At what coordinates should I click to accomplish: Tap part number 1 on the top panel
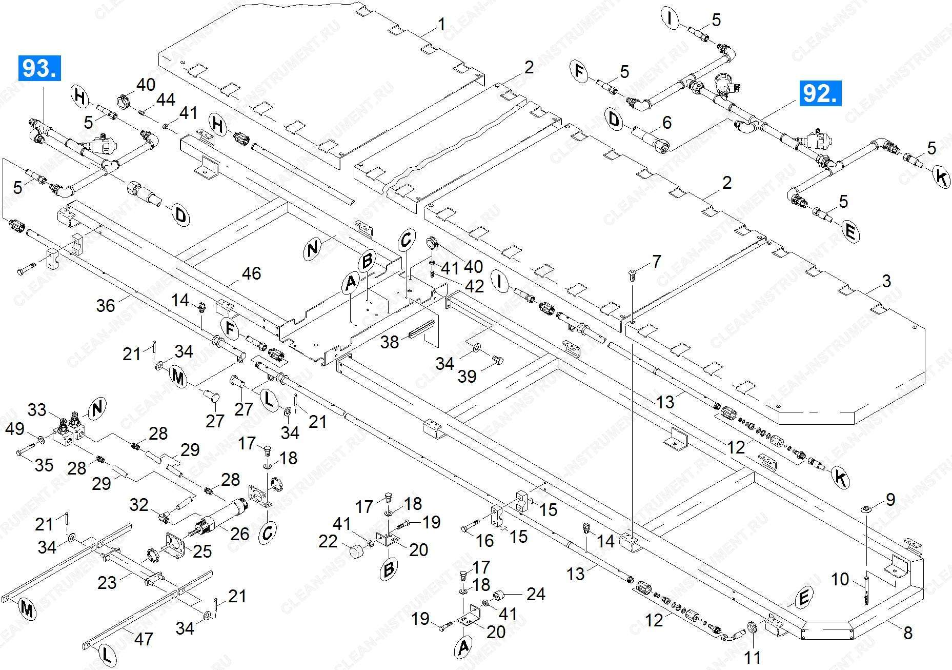click(441, 24)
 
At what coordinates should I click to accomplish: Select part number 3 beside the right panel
click(886, 281)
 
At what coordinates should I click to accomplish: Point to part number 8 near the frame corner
click(907, 633)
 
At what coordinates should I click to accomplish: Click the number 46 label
click(251, 273)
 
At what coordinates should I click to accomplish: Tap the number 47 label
click(144, 639)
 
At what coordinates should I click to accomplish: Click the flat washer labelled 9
click(866, 508)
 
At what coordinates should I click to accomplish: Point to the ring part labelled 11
click(751, 627)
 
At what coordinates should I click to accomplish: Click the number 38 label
click(389, 341)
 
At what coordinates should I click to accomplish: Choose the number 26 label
click(239, 534)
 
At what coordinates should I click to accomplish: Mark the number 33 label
click(37, 410)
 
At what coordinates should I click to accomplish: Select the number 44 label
click(166, 100)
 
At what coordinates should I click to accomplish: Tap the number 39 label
click(467, 377)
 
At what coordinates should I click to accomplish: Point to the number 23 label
click(107, 582)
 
